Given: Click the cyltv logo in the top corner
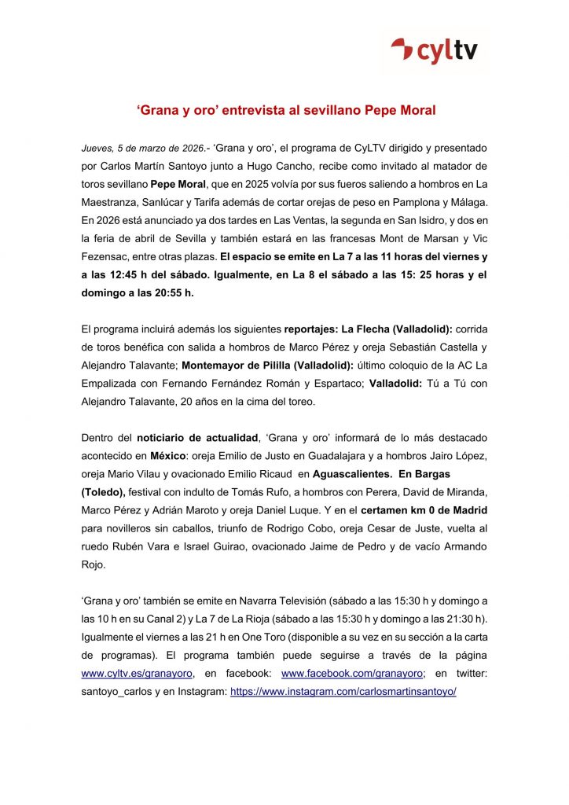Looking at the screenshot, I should [x=439, y=51].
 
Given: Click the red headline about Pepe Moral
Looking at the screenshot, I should [x=284, y=111].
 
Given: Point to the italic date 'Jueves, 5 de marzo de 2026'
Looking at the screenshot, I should [x=142, y=148].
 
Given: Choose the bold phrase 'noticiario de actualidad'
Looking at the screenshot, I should [x=197, y=437].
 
